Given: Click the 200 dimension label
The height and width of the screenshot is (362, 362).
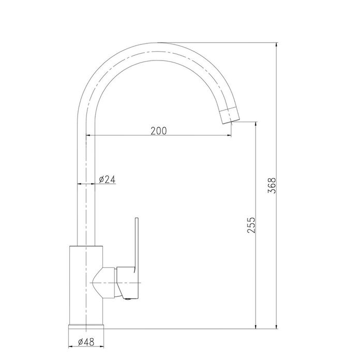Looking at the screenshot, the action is point(158,131).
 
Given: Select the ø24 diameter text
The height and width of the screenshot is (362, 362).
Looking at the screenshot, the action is point(107,179).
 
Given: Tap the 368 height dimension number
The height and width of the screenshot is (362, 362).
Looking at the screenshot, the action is point(271,185).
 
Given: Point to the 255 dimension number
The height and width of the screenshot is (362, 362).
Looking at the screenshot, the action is point(251,225).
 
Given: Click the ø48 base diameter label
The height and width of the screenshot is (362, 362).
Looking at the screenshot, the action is point(86,342).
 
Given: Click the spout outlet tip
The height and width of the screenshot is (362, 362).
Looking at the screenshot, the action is point(231,122).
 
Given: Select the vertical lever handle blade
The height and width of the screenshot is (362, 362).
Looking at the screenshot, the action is point(137,245).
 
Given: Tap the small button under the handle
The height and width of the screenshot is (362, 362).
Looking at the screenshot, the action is point(127,299).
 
